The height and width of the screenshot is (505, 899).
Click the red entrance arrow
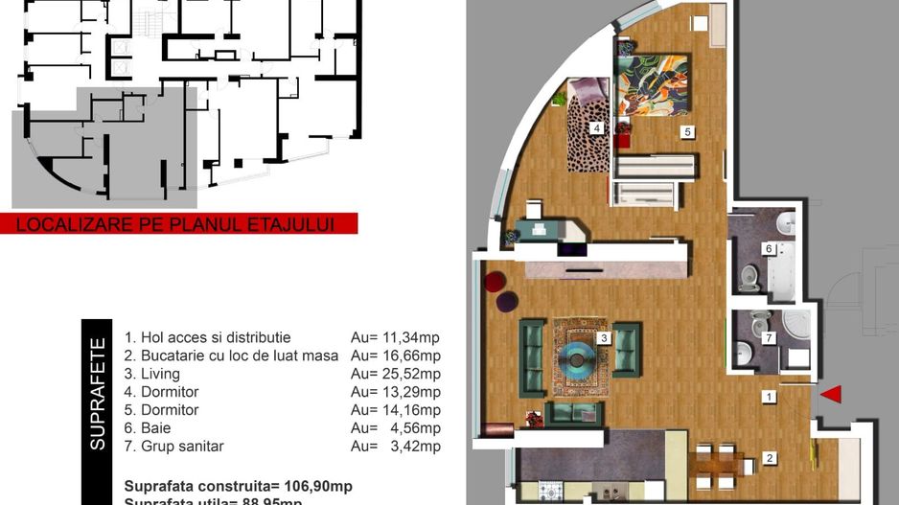(831, 393)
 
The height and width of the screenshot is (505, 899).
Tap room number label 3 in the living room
(604, 337)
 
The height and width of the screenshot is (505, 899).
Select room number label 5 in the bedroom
(687, 130)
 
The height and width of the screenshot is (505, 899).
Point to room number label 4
(596, 127)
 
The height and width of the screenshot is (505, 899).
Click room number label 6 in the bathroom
(769, 248)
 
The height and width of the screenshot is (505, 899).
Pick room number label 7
(769, 337)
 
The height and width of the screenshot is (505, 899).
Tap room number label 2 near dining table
(770, 459)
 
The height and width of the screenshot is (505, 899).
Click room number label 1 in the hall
(769, 395)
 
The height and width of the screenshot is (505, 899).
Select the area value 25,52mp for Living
(396, 374)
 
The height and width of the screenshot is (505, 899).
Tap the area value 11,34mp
(396, 337)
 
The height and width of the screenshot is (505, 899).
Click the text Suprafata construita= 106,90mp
(238, 486)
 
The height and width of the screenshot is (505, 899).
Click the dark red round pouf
(495, 282)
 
